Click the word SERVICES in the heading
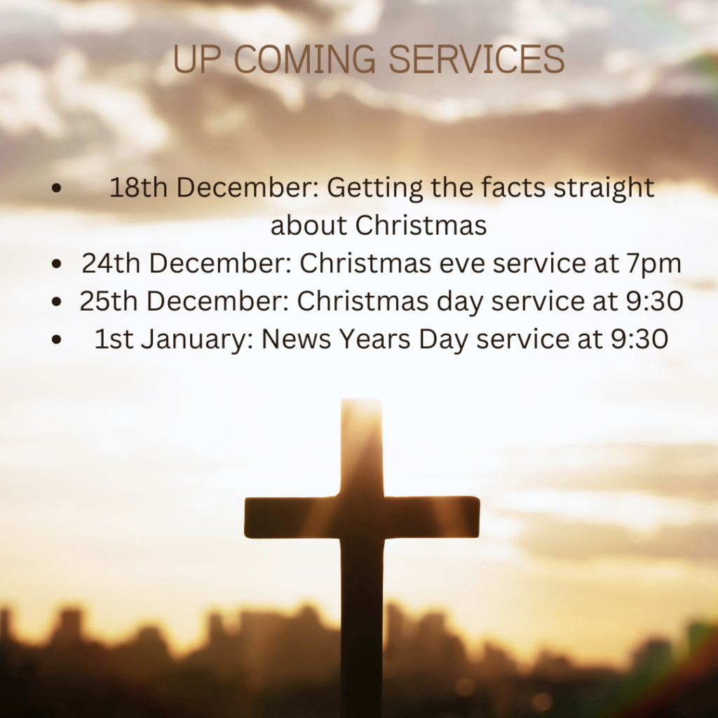tap(477, 60)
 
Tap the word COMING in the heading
tap(306, 60)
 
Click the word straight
tap(604, 189)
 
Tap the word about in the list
tap(309, 225)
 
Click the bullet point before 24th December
tap(57, 264)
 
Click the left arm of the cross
tap(292, 517)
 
